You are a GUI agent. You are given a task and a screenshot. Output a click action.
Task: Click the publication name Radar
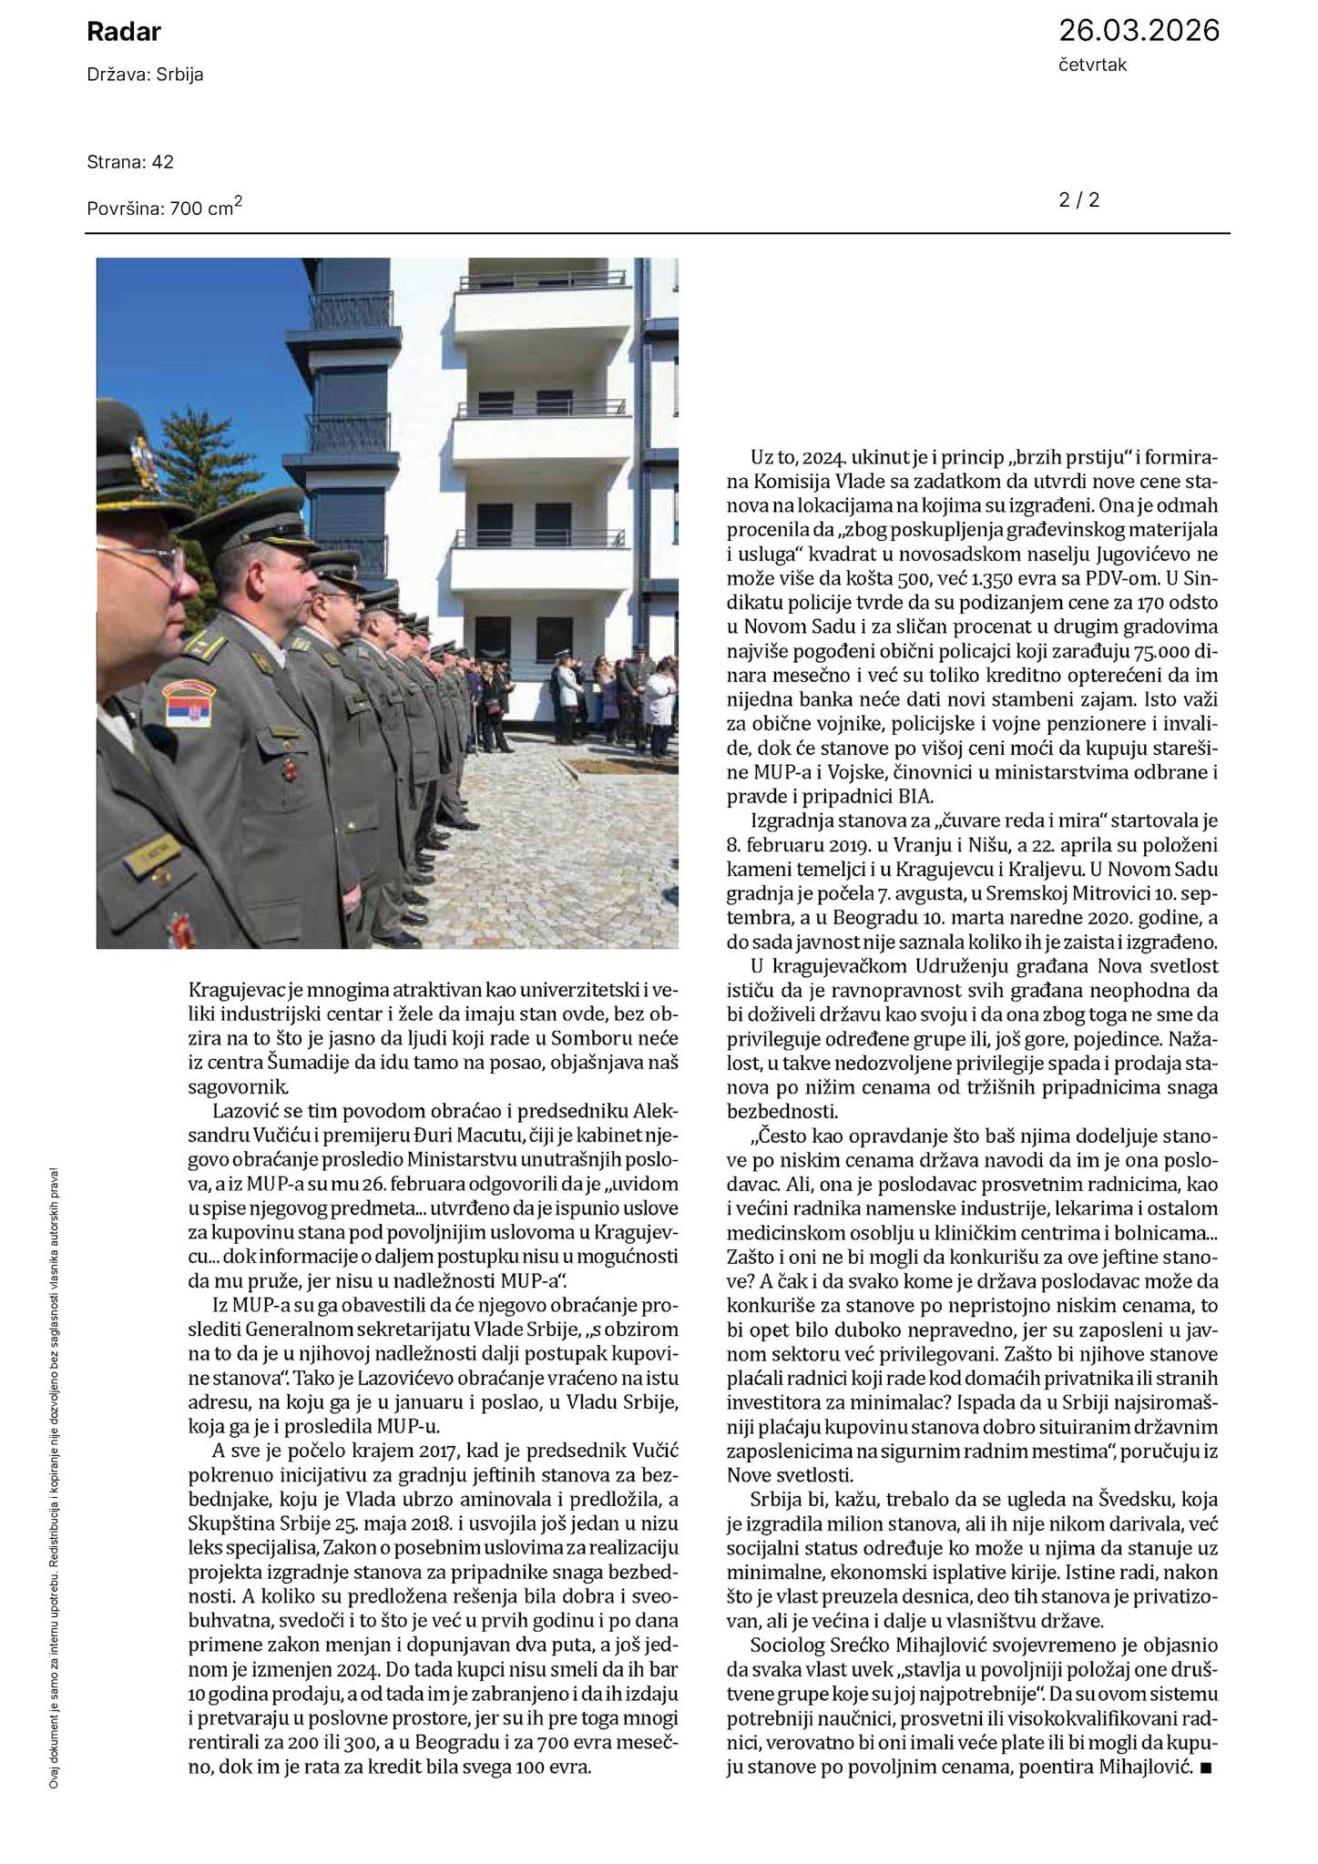(124, 33)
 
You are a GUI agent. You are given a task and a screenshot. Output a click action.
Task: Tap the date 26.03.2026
(1138, 31)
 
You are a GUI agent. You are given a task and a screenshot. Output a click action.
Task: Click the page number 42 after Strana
(163, 162)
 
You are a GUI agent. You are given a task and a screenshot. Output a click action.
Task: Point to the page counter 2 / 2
(1078, 199)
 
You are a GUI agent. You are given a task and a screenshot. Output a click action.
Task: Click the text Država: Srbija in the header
(145, 76)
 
